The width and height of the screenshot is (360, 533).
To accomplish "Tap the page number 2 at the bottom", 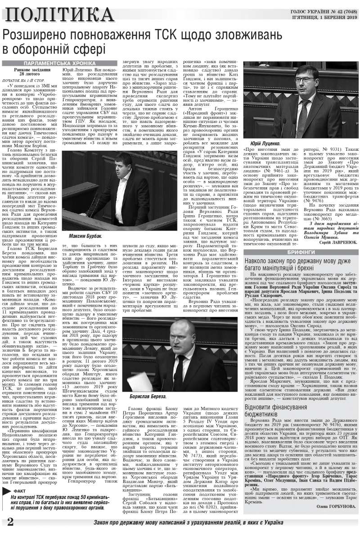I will [x=9, y=522].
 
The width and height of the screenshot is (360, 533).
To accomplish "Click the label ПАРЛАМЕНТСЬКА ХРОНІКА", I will [x=59, y=63].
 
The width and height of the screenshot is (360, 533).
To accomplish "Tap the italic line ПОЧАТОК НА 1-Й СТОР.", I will [x=29, y=80].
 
